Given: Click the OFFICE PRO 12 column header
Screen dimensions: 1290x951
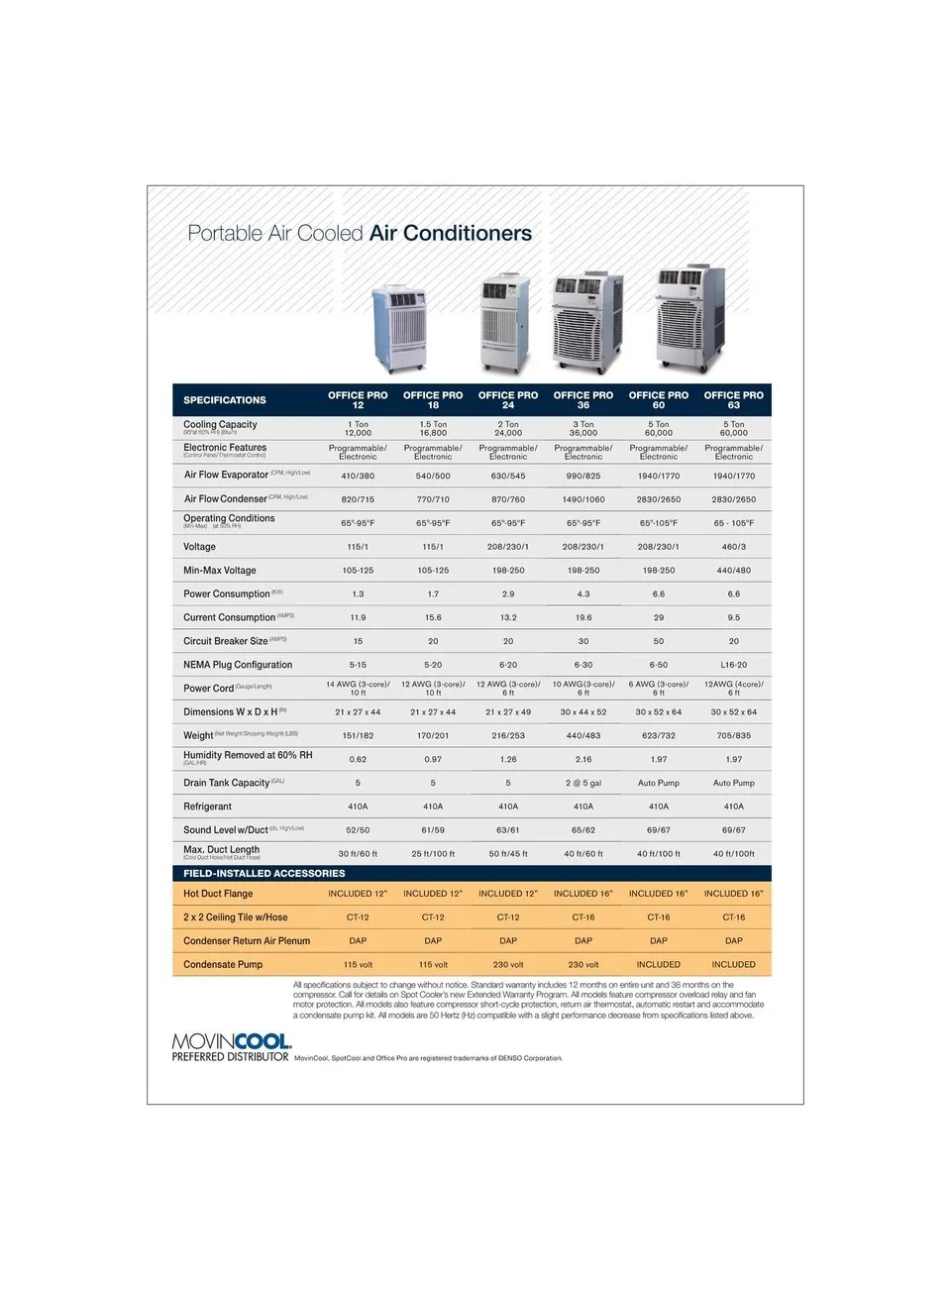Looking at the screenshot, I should [358, 399].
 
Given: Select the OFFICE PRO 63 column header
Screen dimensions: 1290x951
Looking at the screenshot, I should [733, 399].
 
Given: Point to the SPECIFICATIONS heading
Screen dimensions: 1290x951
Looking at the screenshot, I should [225, 400].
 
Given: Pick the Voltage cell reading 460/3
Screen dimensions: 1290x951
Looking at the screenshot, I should [733, 547].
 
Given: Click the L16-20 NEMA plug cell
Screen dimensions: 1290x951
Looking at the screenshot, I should [733, 665].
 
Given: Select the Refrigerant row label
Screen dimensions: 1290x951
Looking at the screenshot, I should [207, 806].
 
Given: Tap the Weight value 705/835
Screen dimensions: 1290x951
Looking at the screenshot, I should [733, 735].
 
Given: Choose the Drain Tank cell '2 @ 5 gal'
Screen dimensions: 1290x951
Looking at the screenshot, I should [583, 783].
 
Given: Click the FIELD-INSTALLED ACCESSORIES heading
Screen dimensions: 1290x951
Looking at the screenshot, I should [264, 873].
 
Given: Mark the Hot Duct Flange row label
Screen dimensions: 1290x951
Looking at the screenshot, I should [218, 894].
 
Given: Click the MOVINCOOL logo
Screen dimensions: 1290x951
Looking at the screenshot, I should [231, 1042].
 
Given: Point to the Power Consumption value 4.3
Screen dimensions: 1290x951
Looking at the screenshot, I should [583, 594].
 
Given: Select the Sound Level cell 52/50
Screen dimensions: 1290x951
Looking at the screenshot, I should [358, 830].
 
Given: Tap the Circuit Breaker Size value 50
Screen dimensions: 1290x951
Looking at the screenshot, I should [659, 641].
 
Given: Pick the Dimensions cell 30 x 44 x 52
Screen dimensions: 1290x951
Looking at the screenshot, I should [583, 712].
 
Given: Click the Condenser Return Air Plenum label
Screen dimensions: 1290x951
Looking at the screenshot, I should [247, 941].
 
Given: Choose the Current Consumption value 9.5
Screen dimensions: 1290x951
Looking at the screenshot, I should [733, 617].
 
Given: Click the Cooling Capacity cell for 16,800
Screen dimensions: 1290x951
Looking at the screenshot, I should [433, 429].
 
